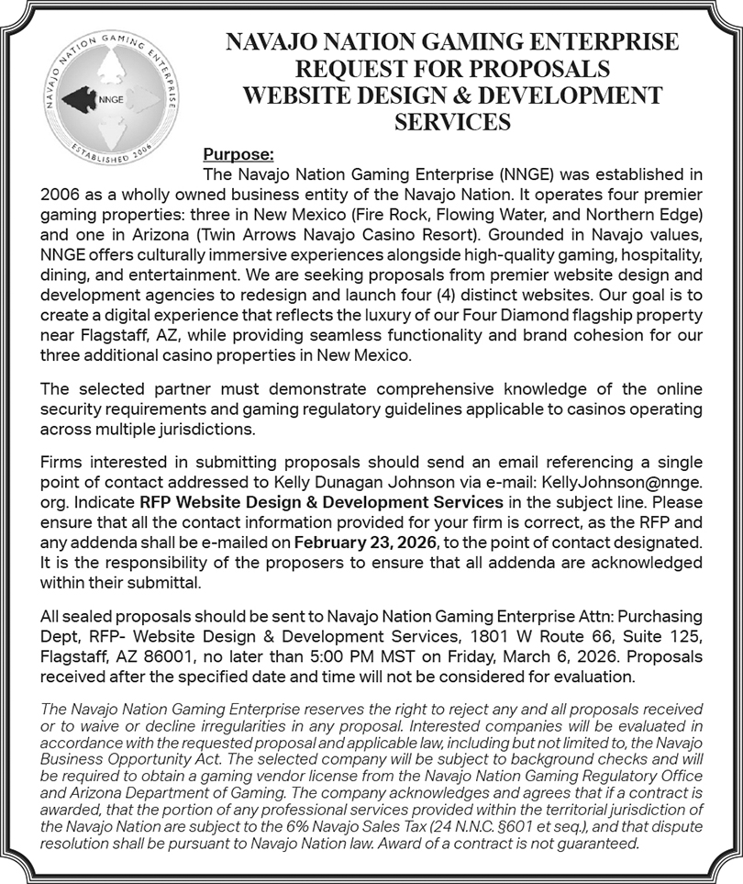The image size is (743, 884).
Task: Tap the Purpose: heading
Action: pos(238,154)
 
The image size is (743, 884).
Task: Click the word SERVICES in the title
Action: pos(452,120)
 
